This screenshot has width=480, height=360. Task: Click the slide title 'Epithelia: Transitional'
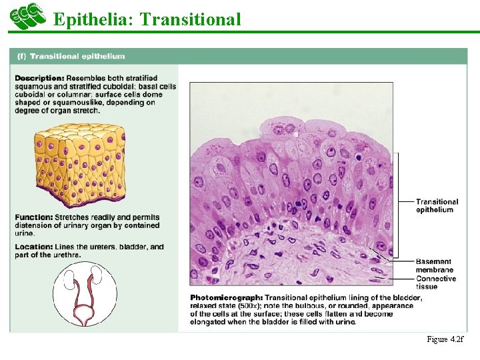coord(147,19)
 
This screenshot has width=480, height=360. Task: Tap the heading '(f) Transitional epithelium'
coord(71,57)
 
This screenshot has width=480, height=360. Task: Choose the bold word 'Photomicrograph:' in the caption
coord(226,297)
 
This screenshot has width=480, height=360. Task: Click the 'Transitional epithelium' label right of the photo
coord(437,205)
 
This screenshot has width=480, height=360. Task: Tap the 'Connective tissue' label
coord(436,283)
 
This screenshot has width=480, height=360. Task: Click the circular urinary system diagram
coord(85,294)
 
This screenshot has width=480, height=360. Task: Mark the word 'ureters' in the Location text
coord(99,247)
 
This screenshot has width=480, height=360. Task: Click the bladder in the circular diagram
coord(85,311)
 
